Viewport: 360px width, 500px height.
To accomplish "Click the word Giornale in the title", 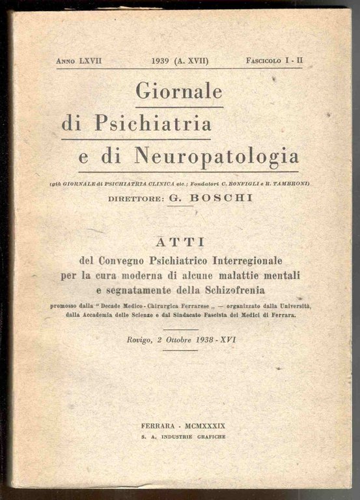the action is [179, 91].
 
